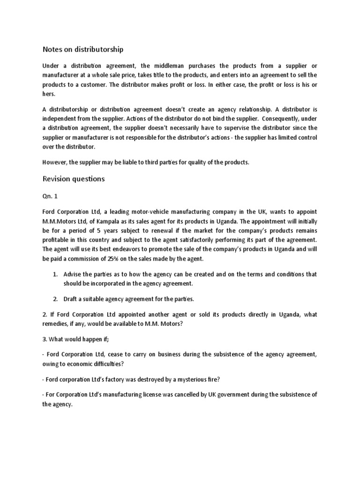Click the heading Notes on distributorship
click(83, 49)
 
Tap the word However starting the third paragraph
click(55, 162)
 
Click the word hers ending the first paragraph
click(49, 93)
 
